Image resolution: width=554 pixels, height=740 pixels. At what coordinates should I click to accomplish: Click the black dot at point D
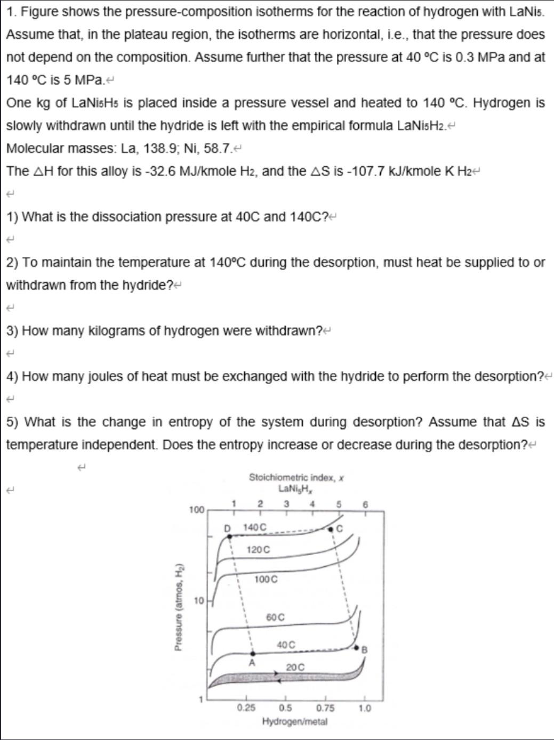[x=230, y=536]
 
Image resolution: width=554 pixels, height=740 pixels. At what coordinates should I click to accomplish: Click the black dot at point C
[x=331, y=530]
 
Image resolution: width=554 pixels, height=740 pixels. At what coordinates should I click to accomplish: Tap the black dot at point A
[x=252, y=654]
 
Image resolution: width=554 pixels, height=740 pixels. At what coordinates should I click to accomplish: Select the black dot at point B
[x=357, y=647]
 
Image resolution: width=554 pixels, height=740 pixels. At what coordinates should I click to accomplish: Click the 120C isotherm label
[x=259, y=549]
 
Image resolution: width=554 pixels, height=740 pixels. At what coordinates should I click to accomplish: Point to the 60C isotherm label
[x=275, y=617]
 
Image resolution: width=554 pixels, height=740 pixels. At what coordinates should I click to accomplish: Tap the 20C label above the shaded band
[x=295, y=667]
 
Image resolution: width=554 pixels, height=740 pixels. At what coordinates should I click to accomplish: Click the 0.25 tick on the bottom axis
[x=245, y=708]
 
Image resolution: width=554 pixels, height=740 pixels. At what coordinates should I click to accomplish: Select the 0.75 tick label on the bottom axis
[x=325, y=708]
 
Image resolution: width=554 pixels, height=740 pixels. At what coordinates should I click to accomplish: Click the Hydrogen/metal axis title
[x=295, y=721]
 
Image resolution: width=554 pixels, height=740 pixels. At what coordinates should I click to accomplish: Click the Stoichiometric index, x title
[x=296, y=477]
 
